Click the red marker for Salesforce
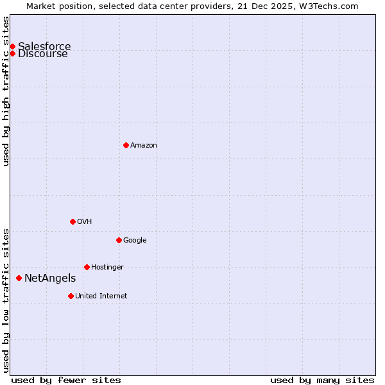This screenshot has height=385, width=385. click(x=12, y=46)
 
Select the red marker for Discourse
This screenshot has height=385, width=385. click(x=12, y=53)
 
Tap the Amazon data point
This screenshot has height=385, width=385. click(x=126, y=145)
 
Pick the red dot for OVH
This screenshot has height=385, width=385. click(x=73, y=221)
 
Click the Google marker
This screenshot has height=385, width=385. click(x=119, y=240)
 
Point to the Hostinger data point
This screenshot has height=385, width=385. click(x=87, y=267)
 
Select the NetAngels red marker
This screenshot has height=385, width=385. click(x=19, y=278)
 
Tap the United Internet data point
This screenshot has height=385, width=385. click(x=71, y=296)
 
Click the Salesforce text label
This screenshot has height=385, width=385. click(x=44, y=46)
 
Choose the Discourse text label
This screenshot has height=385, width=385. click(x=43, y=54)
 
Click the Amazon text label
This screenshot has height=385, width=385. click(x=144, y=146)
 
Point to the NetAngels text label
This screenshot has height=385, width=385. click(x=50, y=278)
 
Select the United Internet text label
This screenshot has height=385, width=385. click(x=101, y=296)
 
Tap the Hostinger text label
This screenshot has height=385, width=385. click(x=107, y=268)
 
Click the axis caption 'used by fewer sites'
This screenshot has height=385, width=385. click(x=66, y=380)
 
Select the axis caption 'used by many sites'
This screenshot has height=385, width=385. click(x=322, y=380)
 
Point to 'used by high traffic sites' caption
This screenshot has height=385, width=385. click(x=6, y=91)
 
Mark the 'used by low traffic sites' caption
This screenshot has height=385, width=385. click(x=6, y=300)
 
